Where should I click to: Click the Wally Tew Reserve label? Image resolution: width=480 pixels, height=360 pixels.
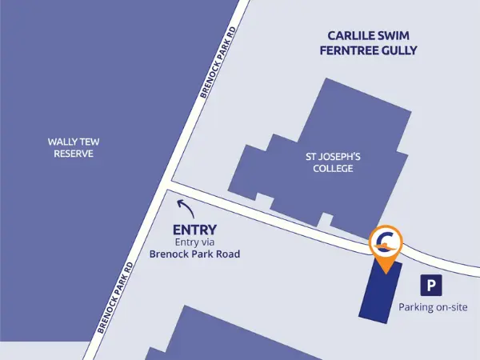pos(74,147)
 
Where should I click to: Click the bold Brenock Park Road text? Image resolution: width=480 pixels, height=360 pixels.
pos(195,255)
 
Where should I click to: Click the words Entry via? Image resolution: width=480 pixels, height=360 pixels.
pos(195,243)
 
